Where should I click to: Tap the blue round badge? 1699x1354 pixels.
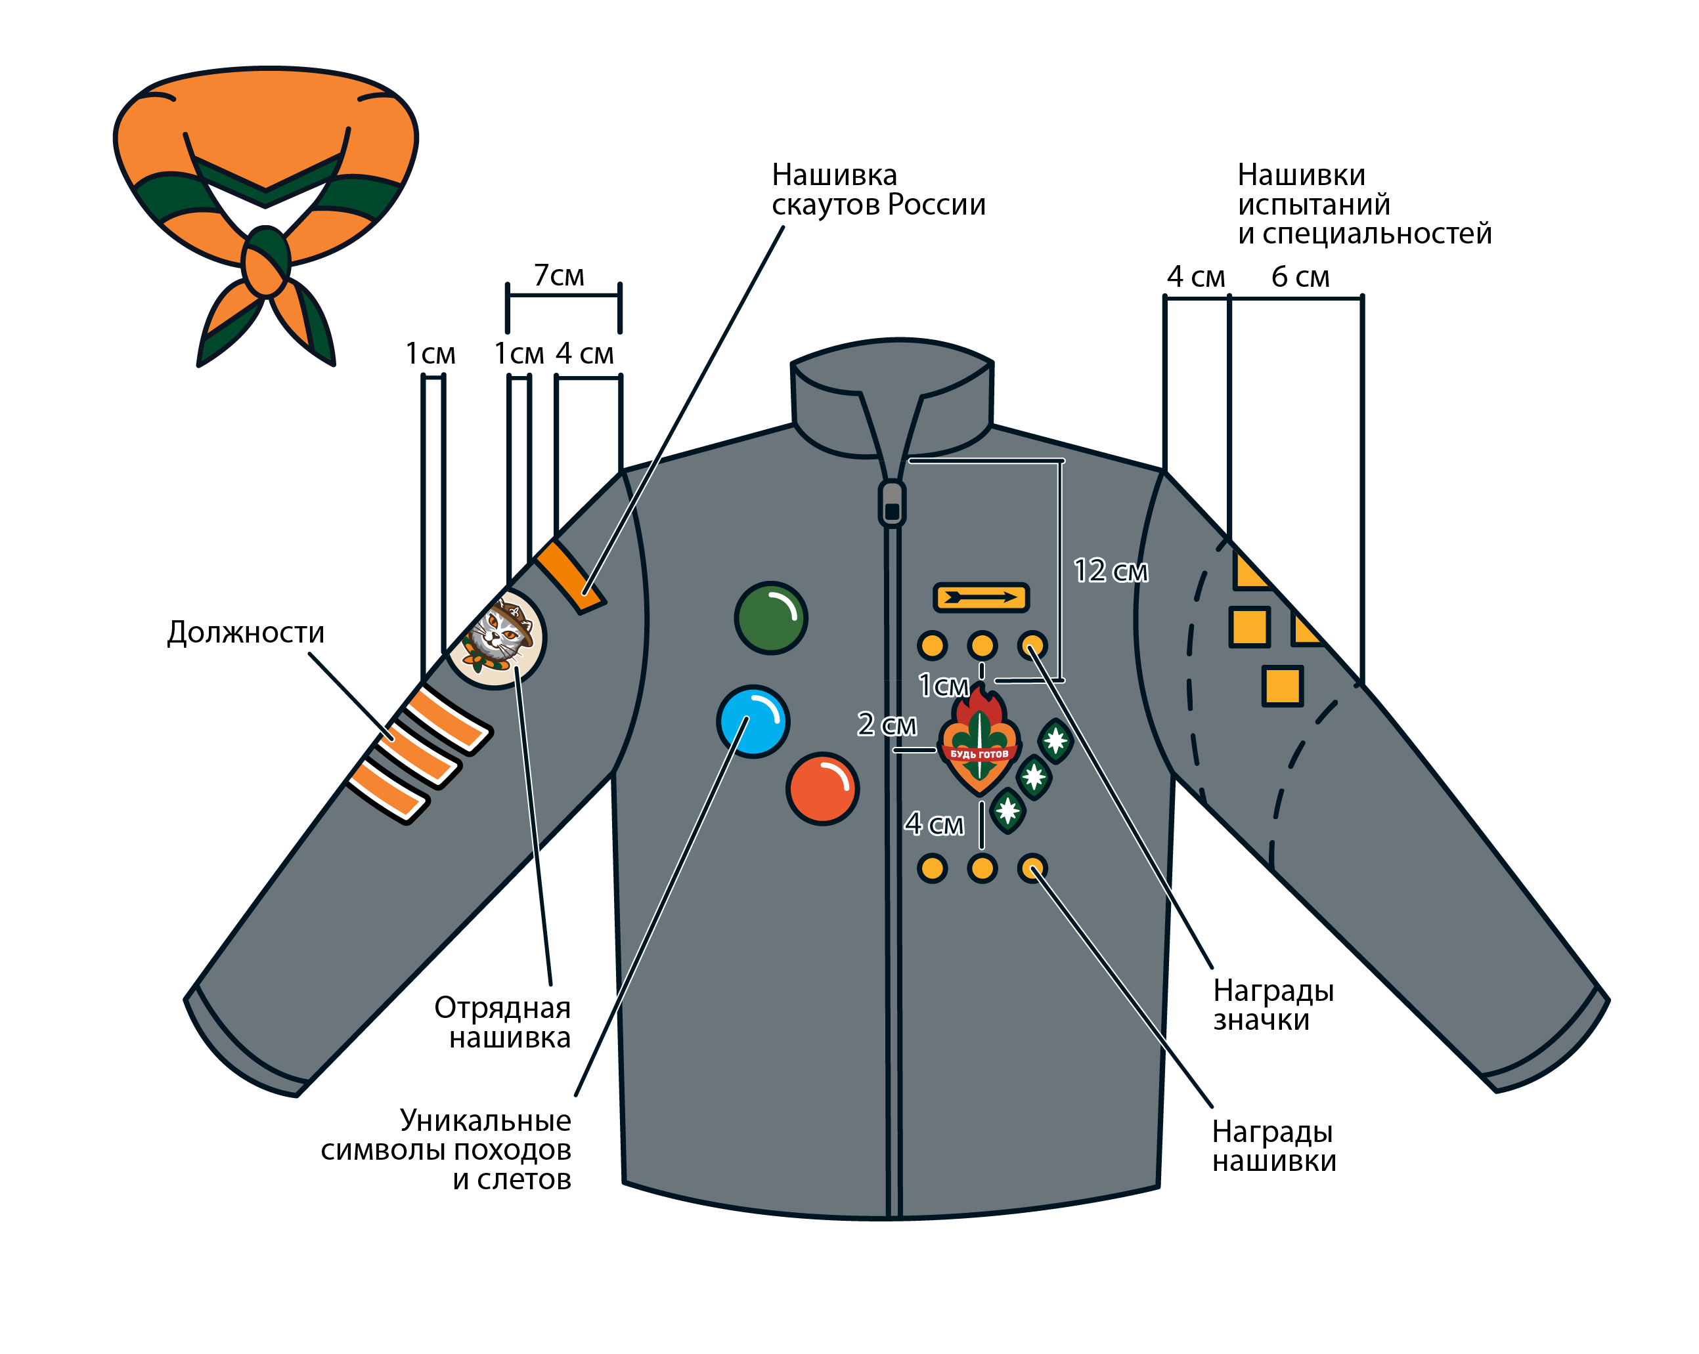753,721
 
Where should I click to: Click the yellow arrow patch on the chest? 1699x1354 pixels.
981,597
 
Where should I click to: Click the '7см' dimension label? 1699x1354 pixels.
559,276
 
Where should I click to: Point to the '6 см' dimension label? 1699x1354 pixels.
1300,277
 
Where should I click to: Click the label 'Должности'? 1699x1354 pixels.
245,633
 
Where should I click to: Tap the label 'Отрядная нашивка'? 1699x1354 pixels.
503,1022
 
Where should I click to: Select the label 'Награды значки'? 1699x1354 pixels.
1273,1004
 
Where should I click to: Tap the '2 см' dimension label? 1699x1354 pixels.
886,724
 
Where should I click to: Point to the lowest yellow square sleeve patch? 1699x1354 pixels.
1281,685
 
